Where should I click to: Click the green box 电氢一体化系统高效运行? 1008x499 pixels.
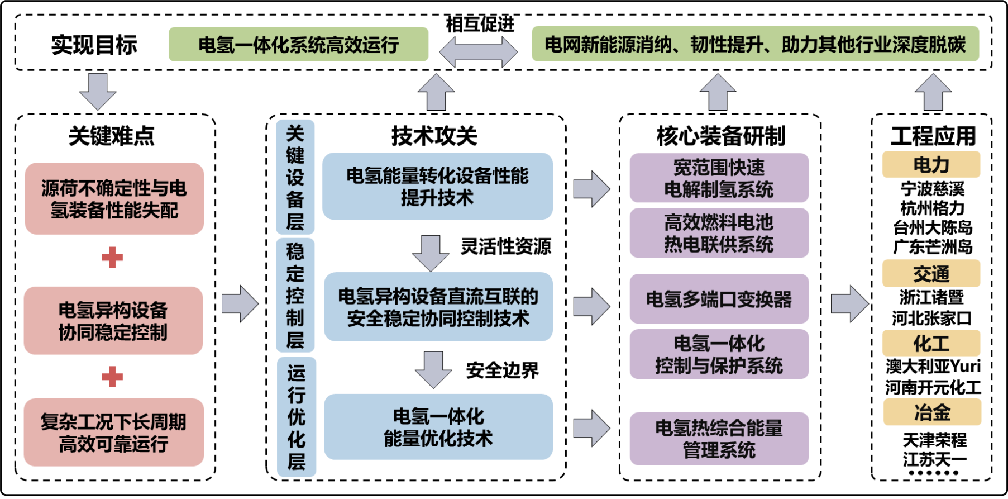[x=298, y=44]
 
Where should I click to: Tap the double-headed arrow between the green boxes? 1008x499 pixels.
[x=479, y=52]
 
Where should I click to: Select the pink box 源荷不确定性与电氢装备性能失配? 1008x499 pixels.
[x=114, y=198]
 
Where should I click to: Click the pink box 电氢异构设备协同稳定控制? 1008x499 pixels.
[x=113, y=320]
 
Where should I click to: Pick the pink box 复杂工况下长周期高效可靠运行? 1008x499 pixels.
[x=114, y=432]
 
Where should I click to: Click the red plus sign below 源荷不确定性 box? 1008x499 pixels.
[x=112, y=258]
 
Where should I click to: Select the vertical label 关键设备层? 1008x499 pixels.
[x=295, y=177]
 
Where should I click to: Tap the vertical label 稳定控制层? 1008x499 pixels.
[x=295, y=295]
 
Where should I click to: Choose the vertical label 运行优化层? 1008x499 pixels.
[x=297, y=416]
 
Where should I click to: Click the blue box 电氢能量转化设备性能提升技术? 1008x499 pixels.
[x=438, y=186]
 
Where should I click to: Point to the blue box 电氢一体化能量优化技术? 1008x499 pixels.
[x=438, y=426]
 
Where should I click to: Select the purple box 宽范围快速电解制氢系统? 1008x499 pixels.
[x=719, y=178]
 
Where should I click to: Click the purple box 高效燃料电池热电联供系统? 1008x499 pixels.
[x=719, y=233]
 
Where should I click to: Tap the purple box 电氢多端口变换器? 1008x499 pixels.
[x=719, y=299]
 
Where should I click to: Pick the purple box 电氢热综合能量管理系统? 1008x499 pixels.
[x=719, y=439]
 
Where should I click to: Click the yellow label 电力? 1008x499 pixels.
[x=931, y=164]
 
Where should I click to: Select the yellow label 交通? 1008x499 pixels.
[x=931, y=273]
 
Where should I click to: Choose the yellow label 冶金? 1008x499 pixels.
[x=932, y=412]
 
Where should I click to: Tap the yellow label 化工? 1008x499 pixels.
[x=931, y=343]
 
